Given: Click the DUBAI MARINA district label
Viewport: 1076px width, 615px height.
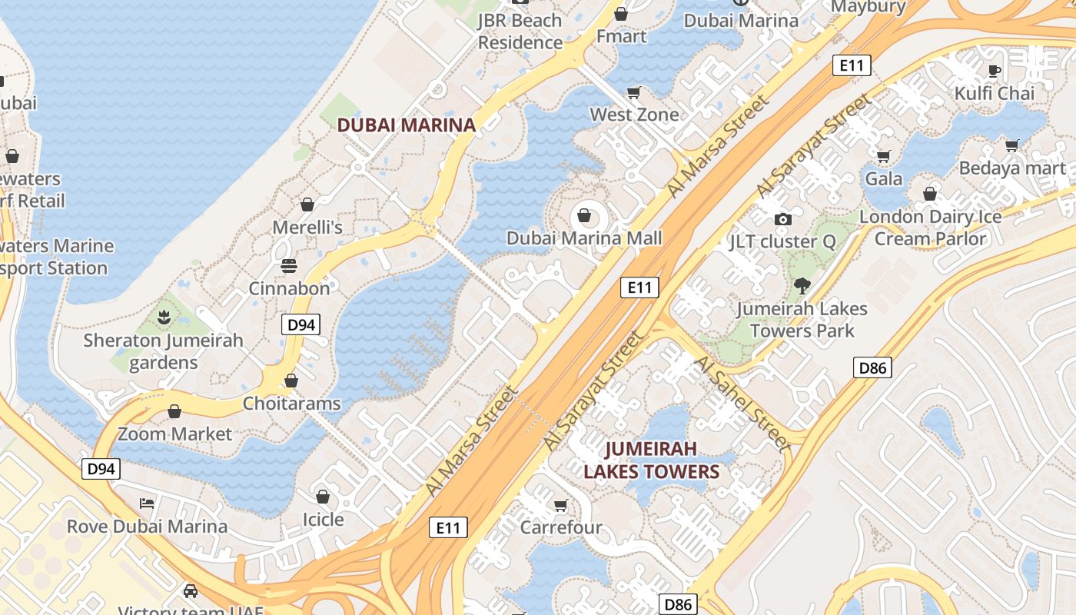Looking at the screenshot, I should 407,125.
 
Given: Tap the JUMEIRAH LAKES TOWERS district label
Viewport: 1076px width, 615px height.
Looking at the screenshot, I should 652,460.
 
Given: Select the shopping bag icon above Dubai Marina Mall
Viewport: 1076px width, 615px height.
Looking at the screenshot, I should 584,214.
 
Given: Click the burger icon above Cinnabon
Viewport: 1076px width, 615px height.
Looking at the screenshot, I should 289,266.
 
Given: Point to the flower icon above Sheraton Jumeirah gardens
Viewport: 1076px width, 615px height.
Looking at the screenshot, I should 163,317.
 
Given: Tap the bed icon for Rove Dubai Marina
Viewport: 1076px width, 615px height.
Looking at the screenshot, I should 147,504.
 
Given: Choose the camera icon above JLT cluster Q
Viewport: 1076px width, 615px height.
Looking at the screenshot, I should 783,219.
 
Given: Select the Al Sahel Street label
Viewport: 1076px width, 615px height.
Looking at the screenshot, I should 742,404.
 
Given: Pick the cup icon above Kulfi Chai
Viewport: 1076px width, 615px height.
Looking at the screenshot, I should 994,71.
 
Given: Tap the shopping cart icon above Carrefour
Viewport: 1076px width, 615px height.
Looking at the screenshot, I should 560,505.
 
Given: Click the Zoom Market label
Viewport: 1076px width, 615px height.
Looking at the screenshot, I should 174,434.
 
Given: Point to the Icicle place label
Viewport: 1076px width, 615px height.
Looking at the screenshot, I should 323,520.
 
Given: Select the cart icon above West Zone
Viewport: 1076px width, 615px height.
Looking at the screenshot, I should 634,92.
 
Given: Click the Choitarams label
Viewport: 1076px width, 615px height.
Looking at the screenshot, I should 291,403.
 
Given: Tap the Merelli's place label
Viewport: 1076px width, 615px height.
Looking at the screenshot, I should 307,228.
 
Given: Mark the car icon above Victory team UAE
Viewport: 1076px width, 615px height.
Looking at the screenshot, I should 191,591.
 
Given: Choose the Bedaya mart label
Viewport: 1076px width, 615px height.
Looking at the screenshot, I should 1012,168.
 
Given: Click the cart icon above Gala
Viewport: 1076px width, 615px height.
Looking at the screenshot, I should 884,156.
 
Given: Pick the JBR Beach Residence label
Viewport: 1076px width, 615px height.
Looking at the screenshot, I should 520,32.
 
